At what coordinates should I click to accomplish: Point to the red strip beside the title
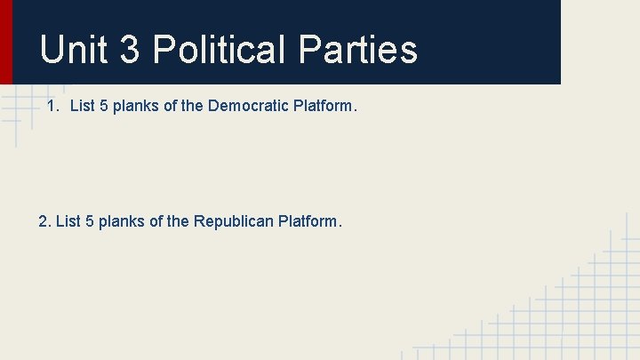(6, 41)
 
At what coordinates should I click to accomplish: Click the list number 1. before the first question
(53, 107)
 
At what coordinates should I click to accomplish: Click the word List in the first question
(82, 107)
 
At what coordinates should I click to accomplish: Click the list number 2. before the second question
(45, 220)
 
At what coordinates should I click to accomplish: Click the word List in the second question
(68, 220)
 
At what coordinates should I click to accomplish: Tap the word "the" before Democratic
(192, 107)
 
